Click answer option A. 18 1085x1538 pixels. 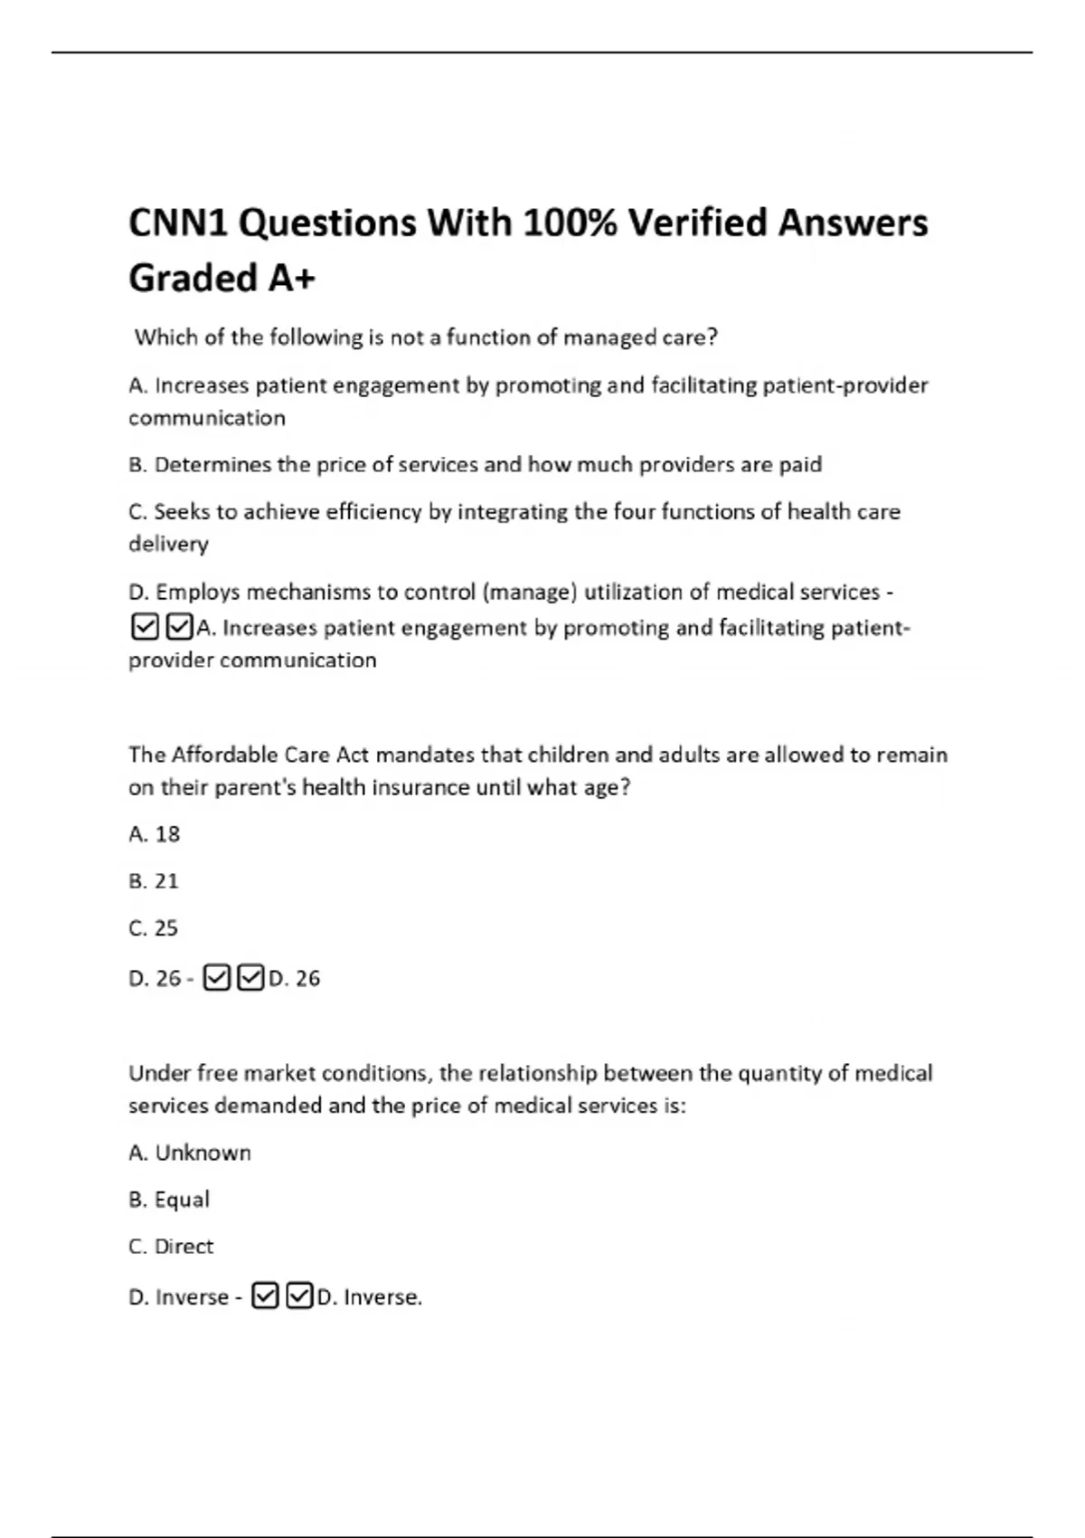click(155, 834)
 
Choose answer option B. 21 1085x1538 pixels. click(154, 881)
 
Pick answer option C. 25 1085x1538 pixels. click(154, 928)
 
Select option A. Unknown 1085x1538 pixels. click(190, 1153)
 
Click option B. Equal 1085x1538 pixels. click(169, 1200)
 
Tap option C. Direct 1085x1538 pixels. click(172, 1247)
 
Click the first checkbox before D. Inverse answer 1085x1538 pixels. click(265, 1296)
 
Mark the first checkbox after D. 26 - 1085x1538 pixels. click(217, 978)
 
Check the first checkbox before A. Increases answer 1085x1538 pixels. click(145, 627)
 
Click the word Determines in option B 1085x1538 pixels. click(212, 465)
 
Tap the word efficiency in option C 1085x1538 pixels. click(373, 512)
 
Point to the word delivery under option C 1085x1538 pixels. click(168, 545)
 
